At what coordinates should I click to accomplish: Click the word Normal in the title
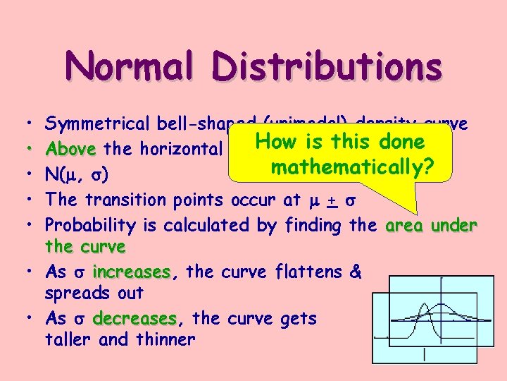click(130, 67)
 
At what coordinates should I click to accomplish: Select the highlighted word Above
click(70, 149)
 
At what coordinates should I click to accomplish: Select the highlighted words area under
click(432, 225)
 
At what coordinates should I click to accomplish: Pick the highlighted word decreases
click(134, 318)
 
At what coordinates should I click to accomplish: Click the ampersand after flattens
click(354, 272)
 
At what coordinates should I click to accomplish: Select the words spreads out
click(94, 294)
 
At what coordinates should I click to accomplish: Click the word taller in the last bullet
click(70, 339)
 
